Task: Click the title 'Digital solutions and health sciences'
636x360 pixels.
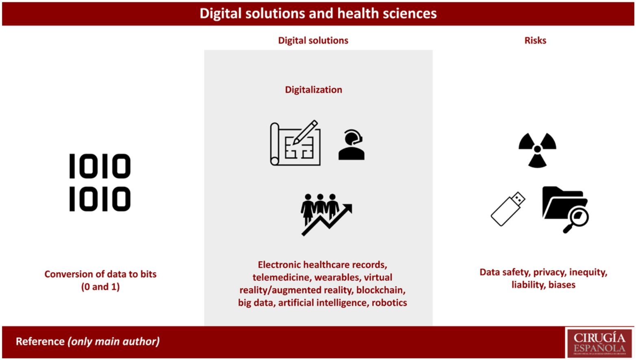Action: pos(318,13)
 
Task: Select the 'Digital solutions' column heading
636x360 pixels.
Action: pos(313,40)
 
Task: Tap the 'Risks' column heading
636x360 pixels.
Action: pos(535,40)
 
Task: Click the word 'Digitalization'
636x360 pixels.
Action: pos(313,89)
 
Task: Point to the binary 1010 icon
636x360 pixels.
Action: pos(100,182)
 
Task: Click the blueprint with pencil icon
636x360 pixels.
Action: pos(295,143)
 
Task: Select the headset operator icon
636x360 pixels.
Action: pos(352,145)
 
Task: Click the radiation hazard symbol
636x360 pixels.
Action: pos(537,150)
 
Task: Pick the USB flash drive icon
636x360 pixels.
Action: pos(508,208)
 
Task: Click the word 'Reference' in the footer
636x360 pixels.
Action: pos(40,341)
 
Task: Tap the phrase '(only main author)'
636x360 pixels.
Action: pos(114,341)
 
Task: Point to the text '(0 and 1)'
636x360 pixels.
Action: pos(100,286)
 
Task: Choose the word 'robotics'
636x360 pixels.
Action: pos(389,303)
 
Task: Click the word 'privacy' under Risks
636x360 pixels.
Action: pos(549,272)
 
